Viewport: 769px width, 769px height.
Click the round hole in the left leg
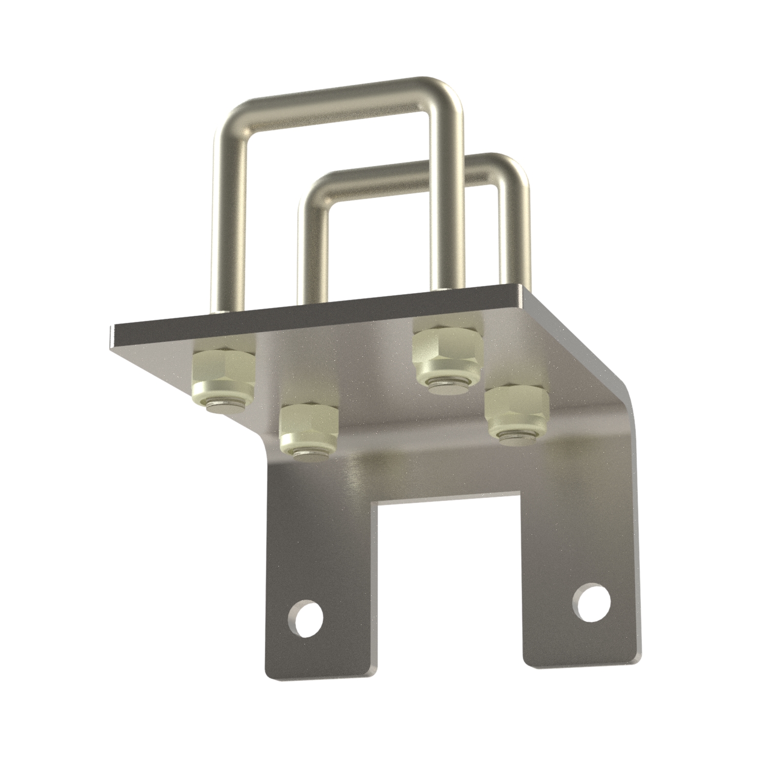306,614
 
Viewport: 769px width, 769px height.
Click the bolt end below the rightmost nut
518,436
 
